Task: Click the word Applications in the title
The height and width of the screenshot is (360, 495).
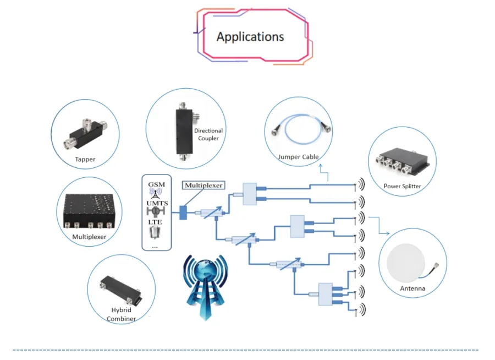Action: pyautogui.click(x=250, y=37)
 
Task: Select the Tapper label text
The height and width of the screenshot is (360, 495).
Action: pyautogui.click(x=85, y=160)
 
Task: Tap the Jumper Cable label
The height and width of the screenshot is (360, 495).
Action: pyautogui.click(x=299, y=157)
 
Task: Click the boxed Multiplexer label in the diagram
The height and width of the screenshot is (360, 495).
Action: pyautogui.click(x=204, y=186)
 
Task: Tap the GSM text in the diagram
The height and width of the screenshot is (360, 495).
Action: pyautogui.click(x=156, y=184)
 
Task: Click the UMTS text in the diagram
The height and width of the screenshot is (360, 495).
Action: pyautogui.click(x=156, y=203)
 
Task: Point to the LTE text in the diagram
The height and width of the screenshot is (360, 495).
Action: pyautogui.click(x=156, y=222)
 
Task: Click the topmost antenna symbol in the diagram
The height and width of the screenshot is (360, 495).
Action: pyautogui.click(x=361, y=183)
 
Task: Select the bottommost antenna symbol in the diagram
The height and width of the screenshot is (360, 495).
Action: pyautogui.click(x=361, y=310)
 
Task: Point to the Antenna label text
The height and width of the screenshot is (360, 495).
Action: pyautogui.click(x=413, y=288)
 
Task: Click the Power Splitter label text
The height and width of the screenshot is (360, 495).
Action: pyautogui.click(x=402, y=186)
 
